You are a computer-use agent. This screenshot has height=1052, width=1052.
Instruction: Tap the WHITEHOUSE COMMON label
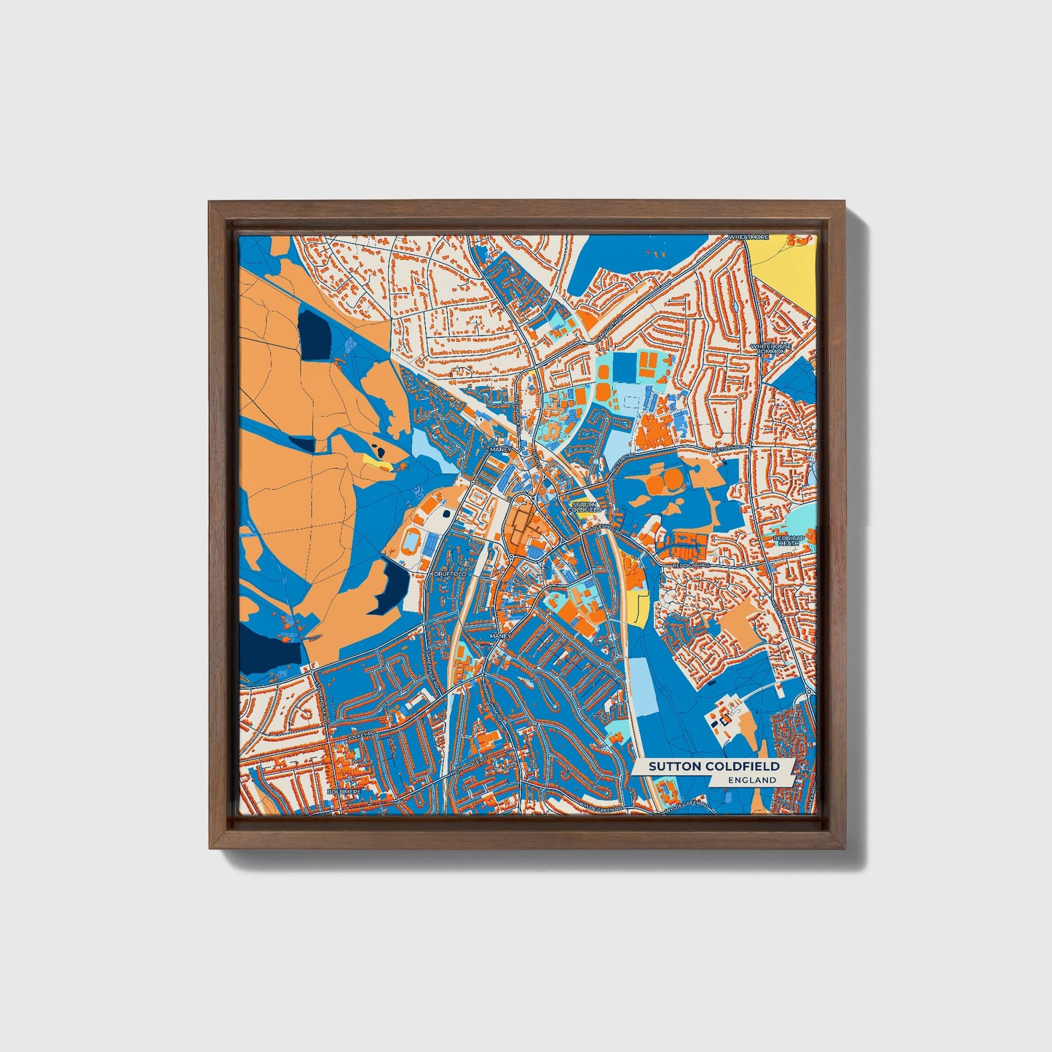click(770, 348)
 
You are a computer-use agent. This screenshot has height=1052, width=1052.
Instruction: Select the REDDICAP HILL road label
click(687, 564)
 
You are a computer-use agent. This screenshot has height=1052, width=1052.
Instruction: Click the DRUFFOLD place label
click(449, 574)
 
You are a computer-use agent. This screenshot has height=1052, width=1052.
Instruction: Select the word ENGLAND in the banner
click(752, 780)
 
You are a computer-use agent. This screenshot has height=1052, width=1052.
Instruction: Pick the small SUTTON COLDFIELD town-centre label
click(584, 507)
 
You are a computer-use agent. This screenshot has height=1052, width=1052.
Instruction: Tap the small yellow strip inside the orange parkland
click(374, 462)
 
